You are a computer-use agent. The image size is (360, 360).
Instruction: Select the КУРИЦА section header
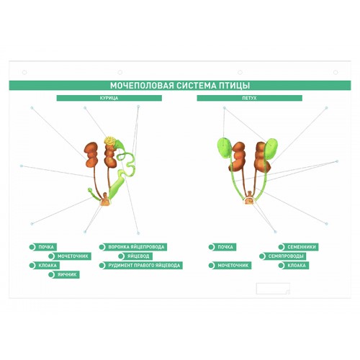click(109, 98)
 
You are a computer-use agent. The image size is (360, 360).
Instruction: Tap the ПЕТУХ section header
click(250, 98)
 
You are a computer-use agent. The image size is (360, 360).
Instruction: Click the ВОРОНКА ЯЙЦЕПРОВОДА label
click(136, 247)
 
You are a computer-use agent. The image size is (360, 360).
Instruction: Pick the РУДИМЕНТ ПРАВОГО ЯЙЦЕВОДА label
click(144, 266)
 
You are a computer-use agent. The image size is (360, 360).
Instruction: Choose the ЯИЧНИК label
click(67, 274)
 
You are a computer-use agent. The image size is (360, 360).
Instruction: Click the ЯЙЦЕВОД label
click(138, 256)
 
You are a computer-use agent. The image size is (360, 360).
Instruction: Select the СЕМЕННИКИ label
click(302, 247)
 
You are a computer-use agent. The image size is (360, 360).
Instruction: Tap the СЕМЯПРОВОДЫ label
click(286, 256)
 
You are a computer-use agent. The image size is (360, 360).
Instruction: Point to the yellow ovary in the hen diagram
click(109, 140)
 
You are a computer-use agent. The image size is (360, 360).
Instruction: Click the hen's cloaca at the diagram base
click(105, 200)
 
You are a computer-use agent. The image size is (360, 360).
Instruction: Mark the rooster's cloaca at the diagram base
click(249, 199)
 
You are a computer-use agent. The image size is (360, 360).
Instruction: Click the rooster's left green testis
click(224, 148)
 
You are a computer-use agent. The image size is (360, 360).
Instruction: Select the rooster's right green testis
click(271, 149)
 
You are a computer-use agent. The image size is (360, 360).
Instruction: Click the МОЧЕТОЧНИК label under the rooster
click(233, 266)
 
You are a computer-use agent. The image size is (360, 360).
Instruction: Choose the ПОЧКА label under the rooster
click(225, 247)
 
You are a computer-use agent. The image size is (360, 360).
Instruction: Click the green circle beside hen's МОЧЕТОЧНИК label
click(51, 256)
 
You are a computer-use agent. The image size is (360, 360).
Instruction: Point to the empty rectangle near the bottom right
click(273, 289)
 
